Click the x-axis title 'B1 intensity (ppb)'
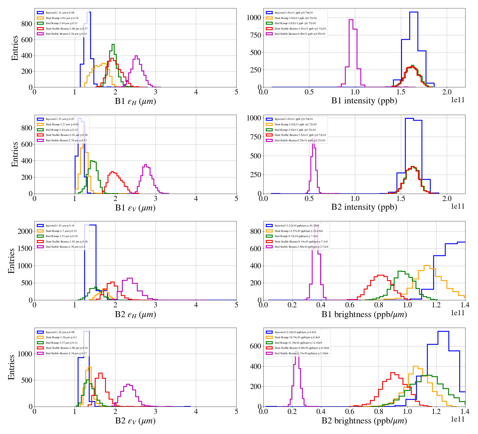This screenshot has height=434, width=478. coord(364,101)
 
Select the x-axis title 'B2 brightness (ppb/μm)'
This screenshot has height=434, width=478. coord(364,421)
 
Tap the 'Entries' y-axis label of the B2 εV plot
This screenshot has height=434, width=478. coord(11,367)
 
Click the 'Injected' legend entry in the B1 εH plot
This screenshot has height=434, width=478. coord(60,13)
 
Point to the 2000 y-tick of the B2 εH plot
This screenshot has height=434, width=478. coord(25,231)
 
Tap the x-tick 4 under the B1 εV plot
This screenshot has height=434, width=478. coord(196,199)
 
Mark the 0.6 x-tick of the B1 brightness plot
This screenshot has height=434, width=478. coord(350,305)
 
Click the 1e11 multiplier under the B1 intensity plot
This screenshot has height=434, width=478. coord(458,100)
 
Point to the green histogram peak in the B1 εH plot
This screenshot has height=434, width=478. coord(113,44)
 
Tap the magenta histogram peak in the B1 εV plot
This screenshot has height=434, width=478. coord(146,164)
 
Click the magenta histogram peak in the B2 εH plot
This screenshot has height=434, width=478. coord(130,278)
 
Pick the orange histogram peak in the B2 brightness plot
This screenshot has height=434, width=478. coord(415,366)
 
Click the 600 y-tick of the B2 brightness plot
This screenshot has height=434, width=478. coord(257,346)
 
